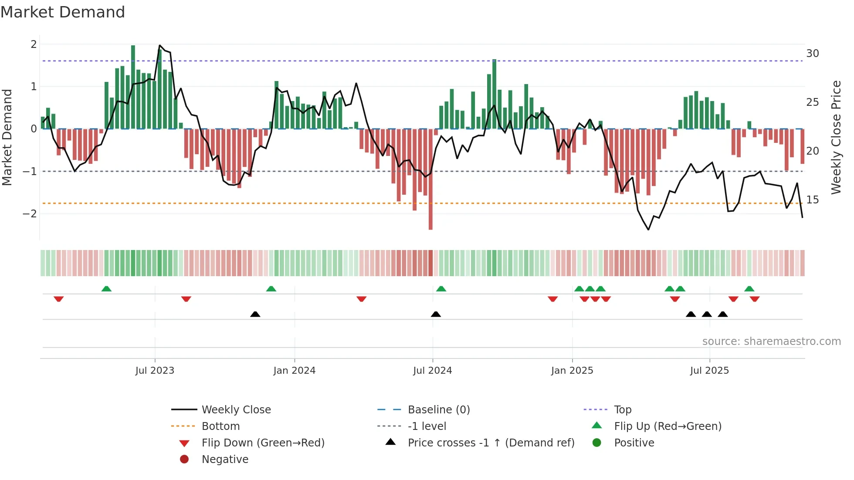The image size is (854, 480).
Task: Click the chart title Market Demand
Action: [63, 12]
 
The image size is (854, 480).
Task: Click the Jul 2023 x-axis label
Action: [155, 371]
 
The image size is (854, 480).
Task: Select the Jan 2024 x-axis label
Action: [294, 371]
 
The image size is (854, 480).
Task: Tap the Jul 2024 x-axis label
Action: [432, 371]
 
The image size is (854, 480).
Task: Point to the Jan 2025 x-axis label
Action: [572, 371]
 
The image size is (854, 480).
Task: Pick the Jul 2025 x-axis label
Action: [709, 371]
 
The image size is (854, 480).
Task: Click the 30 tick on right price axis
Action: [812, 54]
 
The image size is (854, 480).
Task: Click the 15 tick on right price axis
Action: [812, 200]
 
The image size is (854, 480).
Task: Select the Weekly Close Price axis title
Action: [836, 137]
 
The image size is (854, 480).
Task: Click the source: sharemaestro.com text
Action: [771, 341]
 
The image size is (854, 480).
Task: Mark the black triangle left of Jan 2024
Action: [255, 314]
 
